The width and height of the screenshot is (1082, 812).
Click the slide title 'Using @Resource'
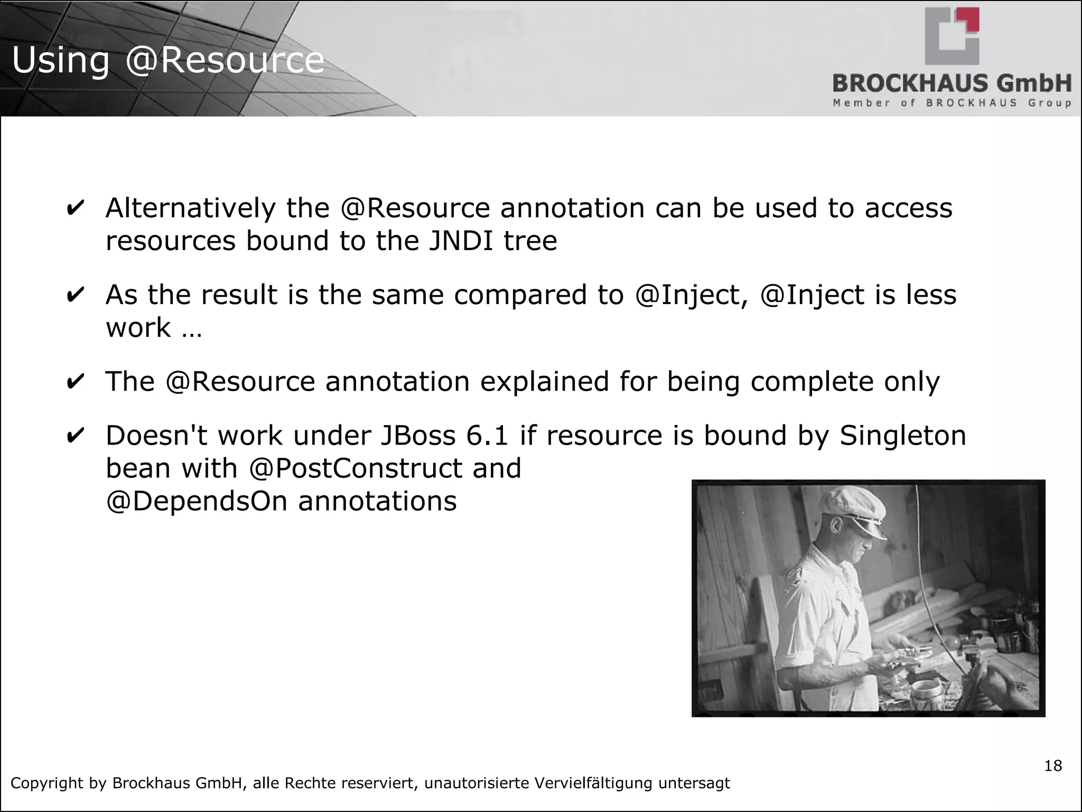[x=168, y=60]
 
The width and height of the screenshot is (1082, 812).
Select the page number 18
[x=1053, y=765]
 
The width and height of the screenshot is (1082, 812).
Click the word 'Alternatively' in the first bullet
[x=190, y=208]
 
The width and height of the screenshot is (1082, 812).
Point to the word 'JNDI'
[x=461, y=241]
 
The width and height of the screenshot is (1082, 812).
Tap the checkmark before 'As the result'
[x=75, y=295]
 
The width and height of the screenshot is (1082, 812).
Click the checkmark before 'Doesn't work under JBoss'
[x=75, y=436]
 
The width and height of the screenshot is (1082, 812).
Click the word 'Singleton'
[x=903, y=436]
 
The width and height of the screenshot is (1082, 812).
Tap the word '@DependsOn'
[x=197, y=501]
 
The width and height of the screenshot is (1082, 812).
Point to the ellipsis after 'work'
[x=192, y=329]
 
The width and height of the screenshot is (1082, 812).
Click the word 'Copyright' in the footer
[x=46, y=783]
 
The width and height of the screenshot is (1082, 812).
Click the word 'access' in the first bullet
[x=908, y=208]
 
